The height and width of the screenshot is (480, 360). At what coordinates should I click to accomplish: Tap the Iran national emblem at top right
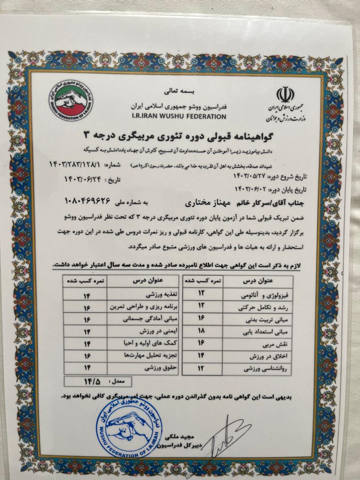tap(285, 94)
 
